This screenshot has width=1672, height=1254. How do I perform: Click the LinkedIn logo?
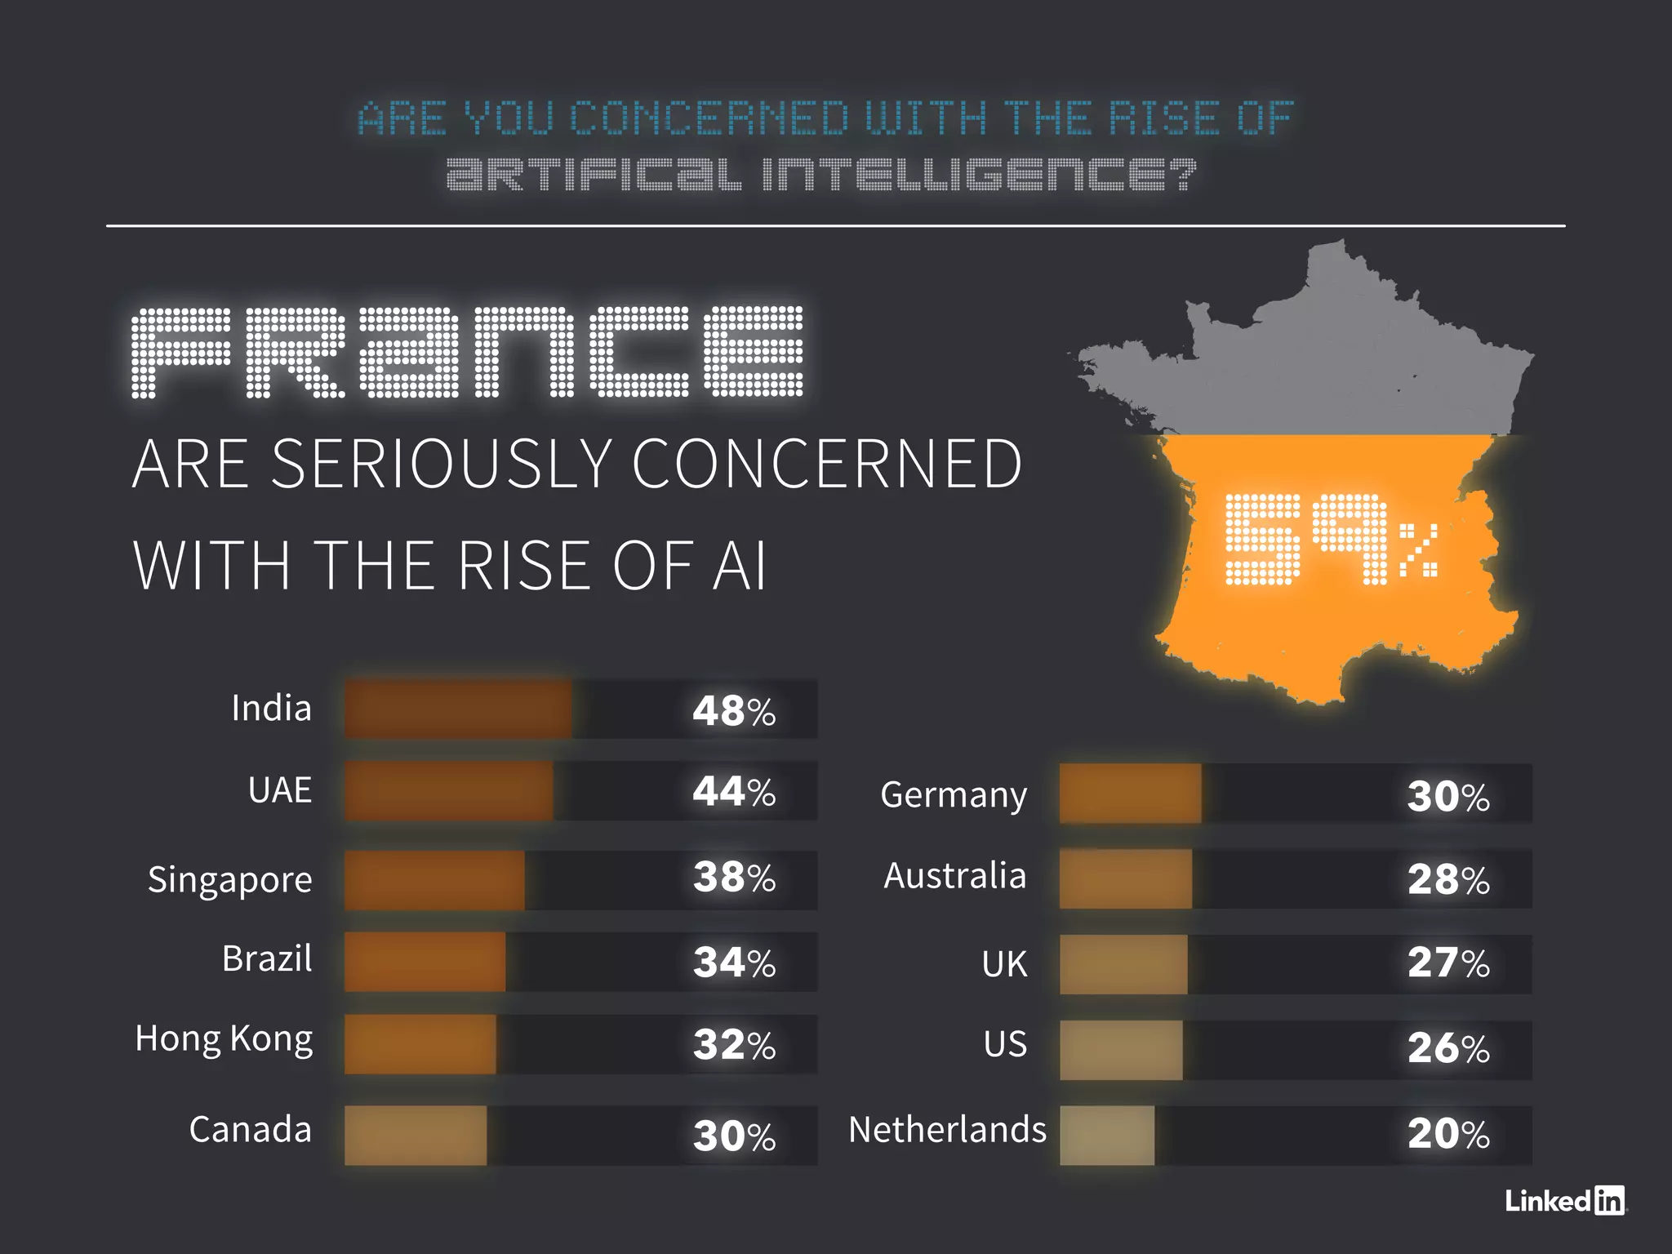[x=1565, y=1200]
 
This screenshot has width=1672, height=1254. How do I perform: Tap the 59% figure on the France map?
[x=1331, y=540]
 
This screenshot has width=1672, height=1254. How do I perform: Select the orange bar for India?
[x=458, y=709]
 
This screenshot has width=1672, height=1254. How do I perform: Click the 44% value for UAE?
[x=734, y=791]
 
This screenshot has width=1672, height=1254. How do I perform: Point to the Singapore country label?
[x=230, y=880]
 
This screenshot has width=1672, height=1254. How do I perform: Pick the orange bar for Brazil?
[x=425, y=962]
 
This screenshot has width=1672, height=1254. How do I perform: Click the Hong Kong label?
[x=224, y=1039]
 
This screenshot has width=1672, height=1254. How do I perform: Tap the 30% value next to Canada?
[x=734, y=1136]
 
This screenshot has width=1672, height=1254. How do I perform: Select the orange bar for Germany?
[x=1130, y=794]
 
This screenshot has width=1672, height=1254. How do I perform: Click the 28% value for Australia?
[x=1448, y=879]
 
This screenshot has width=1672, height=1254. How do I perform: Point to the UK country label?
[x=1004, y=964]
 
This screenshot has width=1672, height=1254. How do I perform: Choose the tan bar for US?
[x=1121, y=1050]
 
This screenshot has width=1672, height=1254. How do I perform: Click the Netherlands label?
[x=947, y=1130]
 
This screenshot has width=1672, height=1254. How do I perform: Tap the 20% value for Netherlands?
[x=1448, y=1133]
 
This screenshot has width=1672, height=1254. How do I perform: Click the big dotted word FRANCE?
[x=468, y=352]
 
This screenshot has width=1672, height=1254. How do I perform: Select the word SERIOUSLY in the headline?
[x=442, y=464]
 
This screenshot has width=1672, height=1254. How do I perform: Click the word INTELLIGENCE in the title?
[x=979, y=174]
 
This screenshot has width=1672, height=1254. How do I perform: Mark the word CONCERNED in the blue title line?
[x=709, y=118]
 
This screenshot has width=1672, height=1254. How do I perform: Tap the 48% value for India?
[x=734, y=710]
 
